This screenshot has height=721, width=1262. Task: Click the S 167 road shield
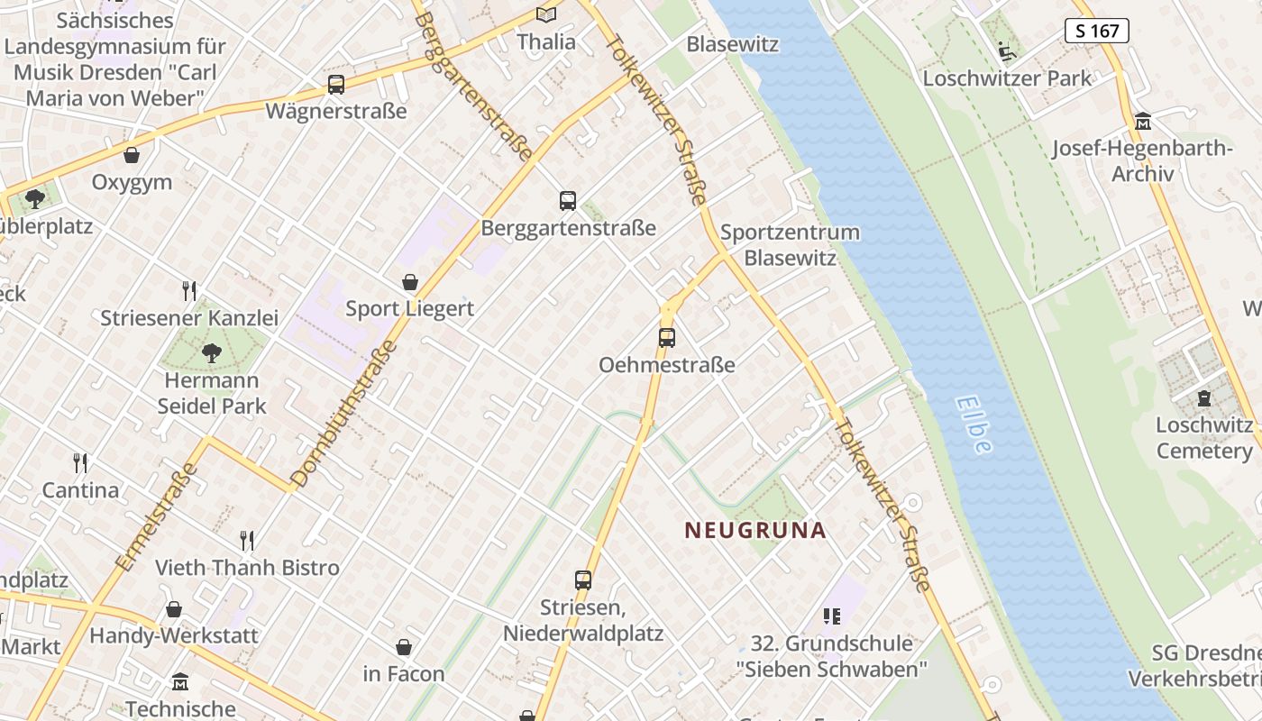coord(1097,31)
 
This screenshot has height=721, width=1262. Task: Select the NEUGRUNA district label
coord(755,530)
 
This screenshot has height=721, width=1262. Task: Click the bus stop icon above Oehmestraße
coord(666,338)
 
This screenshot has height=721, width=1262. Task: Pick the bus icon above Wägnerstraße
coord(336,85)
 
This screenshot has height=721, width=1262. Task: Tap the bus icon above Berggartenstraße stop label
coord(567,201)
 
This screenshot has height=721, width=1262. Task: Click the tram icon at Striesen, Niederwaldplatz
coord(583,580)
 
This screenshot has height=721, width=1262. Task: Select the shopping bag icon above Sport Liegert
coord(410,282)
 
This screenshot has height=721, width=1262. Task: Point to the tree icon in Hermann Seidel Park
coord(212,353)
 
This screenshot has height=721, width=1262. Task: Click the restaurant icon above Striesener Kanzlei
coord(189,291)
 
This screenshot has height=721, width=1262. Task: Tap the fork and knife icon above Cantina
coord(81,463)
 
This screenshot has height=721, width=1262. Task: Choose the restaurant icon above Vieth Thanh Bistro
coord(247,541)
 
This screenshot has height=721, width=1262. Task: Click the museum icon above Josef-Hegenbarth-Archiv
coord(1143,122)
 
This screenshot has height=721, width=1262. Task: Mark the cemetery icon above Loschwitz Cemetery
coord(1204,397)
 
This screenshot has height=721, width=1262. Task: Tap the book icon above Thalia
coord(546,14)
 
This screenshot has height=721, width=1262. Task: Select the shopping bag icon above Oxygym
coord(132,155)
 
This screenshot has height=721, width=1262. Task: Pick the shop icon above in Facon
coord(404,647)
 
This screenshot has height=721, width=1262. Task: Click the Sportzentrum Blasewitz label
coord(790,244)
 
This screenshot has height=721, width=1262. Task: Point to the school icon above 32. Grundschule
coord(832,616)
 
